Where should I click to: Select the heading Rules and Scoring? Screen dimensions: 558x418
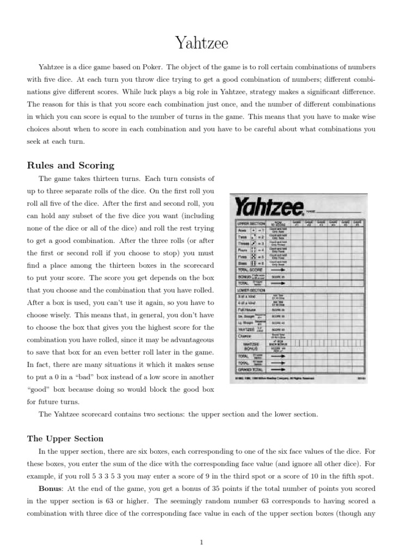coord(71,166)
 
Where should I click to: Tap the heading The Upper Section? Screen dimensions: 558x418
coord(65,438)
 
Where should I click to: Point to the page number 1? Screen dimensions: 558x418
coord(202,542)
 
